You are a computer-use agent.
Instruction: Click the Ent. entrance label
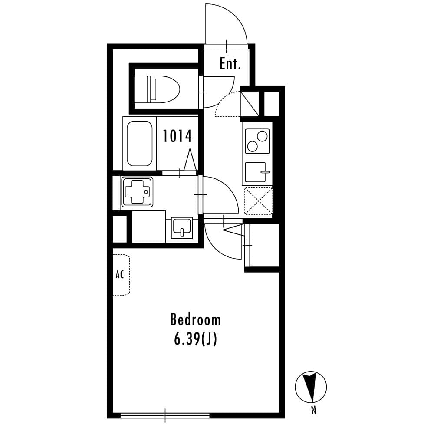coord(230,64)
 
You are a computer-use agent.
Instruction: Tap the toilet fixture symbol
coord(156,89)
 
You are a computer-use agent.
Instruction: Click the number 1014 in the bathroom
coord(177,136)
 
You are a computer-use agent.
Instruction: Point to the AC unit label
coord(120,275)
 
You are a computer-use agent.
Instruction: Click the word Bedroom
coord(195,320)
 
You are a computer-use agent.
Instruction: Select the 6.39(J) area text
coord(195,339)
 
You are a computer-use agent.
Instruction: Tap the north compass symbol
coord(311,387)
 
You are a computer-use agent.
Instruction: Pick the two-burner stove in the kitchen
coord(257,141)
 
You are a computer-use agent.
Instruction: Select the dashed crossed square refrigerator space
coord(258,200)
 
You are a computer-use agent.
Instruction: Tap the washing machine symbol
coord(137,192)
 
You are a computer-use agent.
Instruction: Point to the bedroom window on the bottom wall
coord(165,415)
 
